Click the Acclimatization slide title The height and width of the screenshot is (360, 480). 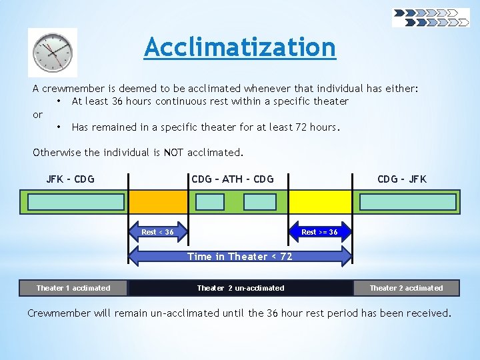tap(240, 47)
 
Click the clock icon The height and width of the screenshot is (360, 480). tap(53, 52)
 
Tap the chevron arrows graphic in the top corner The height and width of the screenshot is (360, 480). tap(431, 17)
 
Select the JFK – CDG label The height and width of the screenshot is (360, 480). tap(70, 179)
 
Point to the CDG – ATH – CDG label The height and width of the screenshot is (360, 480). tap(232, 179)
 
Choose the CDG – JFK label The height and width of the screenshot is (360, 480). tap(401, 179)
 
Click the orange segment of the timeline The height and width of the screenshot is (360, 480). tap(158, 202)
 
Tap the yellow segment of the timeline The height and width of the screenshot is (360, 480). tap(319, 202)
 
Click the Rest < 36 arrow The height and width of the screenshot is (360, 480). tap(158, 232)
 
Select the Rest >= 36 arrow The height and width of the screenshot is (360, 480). tap(319, 232)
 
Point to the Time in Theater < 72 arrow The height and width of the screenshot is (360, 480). tap(239, 257)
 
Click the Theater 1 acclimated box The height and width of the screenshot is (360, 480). tap(73, 288)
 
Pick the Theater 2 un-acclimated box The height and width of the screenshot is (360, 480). tap(240, 288)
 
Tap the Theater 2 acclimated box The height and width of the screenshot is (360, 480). tap(406, 288)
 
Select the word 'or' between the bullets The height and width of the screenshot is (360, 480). tap(37, 114)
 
